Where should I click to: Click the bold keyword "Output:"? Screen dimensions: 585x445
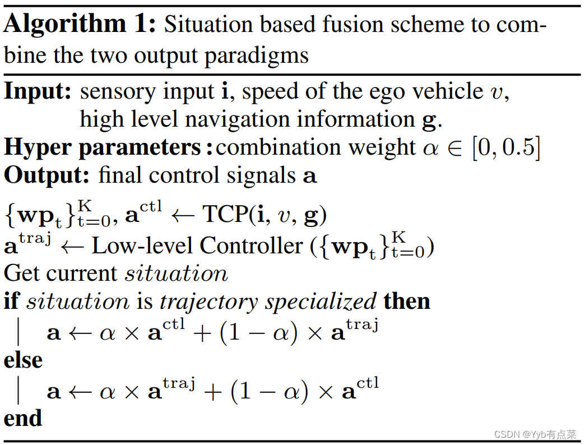(47, 176)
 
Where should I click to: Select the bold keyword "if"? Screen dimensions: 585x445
(11, 302)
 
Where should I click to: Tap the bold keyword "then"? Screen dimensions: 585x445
(406, 302)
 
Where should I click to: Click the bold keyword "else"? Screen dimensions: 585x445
(23, 360)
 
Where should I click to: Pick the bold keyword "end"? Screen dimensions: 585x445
(23, 418)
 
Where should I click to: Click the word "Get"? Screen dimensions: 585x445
(22, 274)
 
